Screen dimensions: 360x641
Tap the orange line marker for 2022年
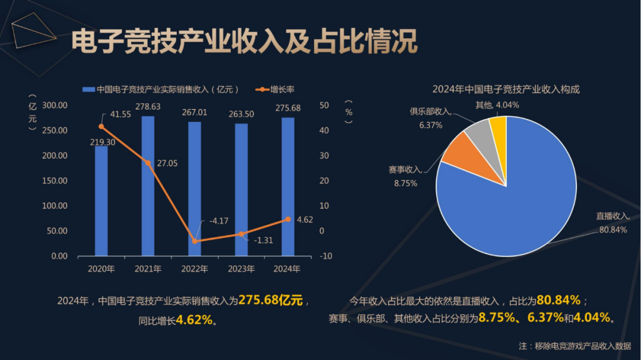[195, 241]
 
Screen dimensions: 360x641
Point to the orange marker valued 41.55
[101, 126]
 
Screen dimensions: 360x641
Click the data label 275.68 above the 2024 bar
[288, 108]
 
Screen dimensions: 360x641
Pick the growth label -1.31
[263, 240]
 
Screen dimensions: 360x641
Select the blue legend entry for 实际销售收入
[160, 90]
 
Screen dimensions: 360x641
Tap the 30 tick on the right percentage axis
[323, 155]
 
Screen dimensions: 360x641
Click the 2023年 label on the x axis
[241, 269]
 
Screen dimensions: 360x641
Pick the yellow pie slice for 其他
[499, 128]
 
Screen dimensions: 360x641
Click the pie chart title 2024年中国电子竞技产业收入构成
[506, 90]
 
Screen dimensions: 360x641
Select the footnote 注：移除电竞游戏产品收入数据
[575, 346]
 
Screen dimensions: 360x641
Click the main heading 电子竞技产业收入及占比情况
[244, 42]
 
